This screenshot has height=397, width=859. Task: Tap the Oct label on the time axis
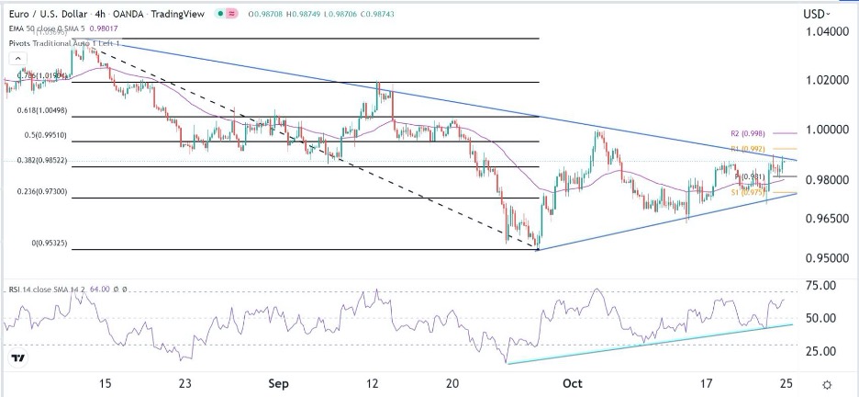pos(573,383)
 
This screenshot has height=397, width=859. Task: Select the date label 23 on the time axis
pos(185,383)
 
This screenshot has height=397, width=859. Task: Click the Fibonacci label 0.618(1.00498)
pos(43,110)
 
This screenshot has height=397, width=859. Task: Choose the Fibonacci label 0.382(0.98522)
pos(43,159)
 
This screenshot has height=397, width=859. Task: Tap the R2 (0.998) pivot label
pos(749,134)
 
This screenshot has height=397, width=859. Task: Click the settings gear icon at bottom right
pos(827,384)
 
